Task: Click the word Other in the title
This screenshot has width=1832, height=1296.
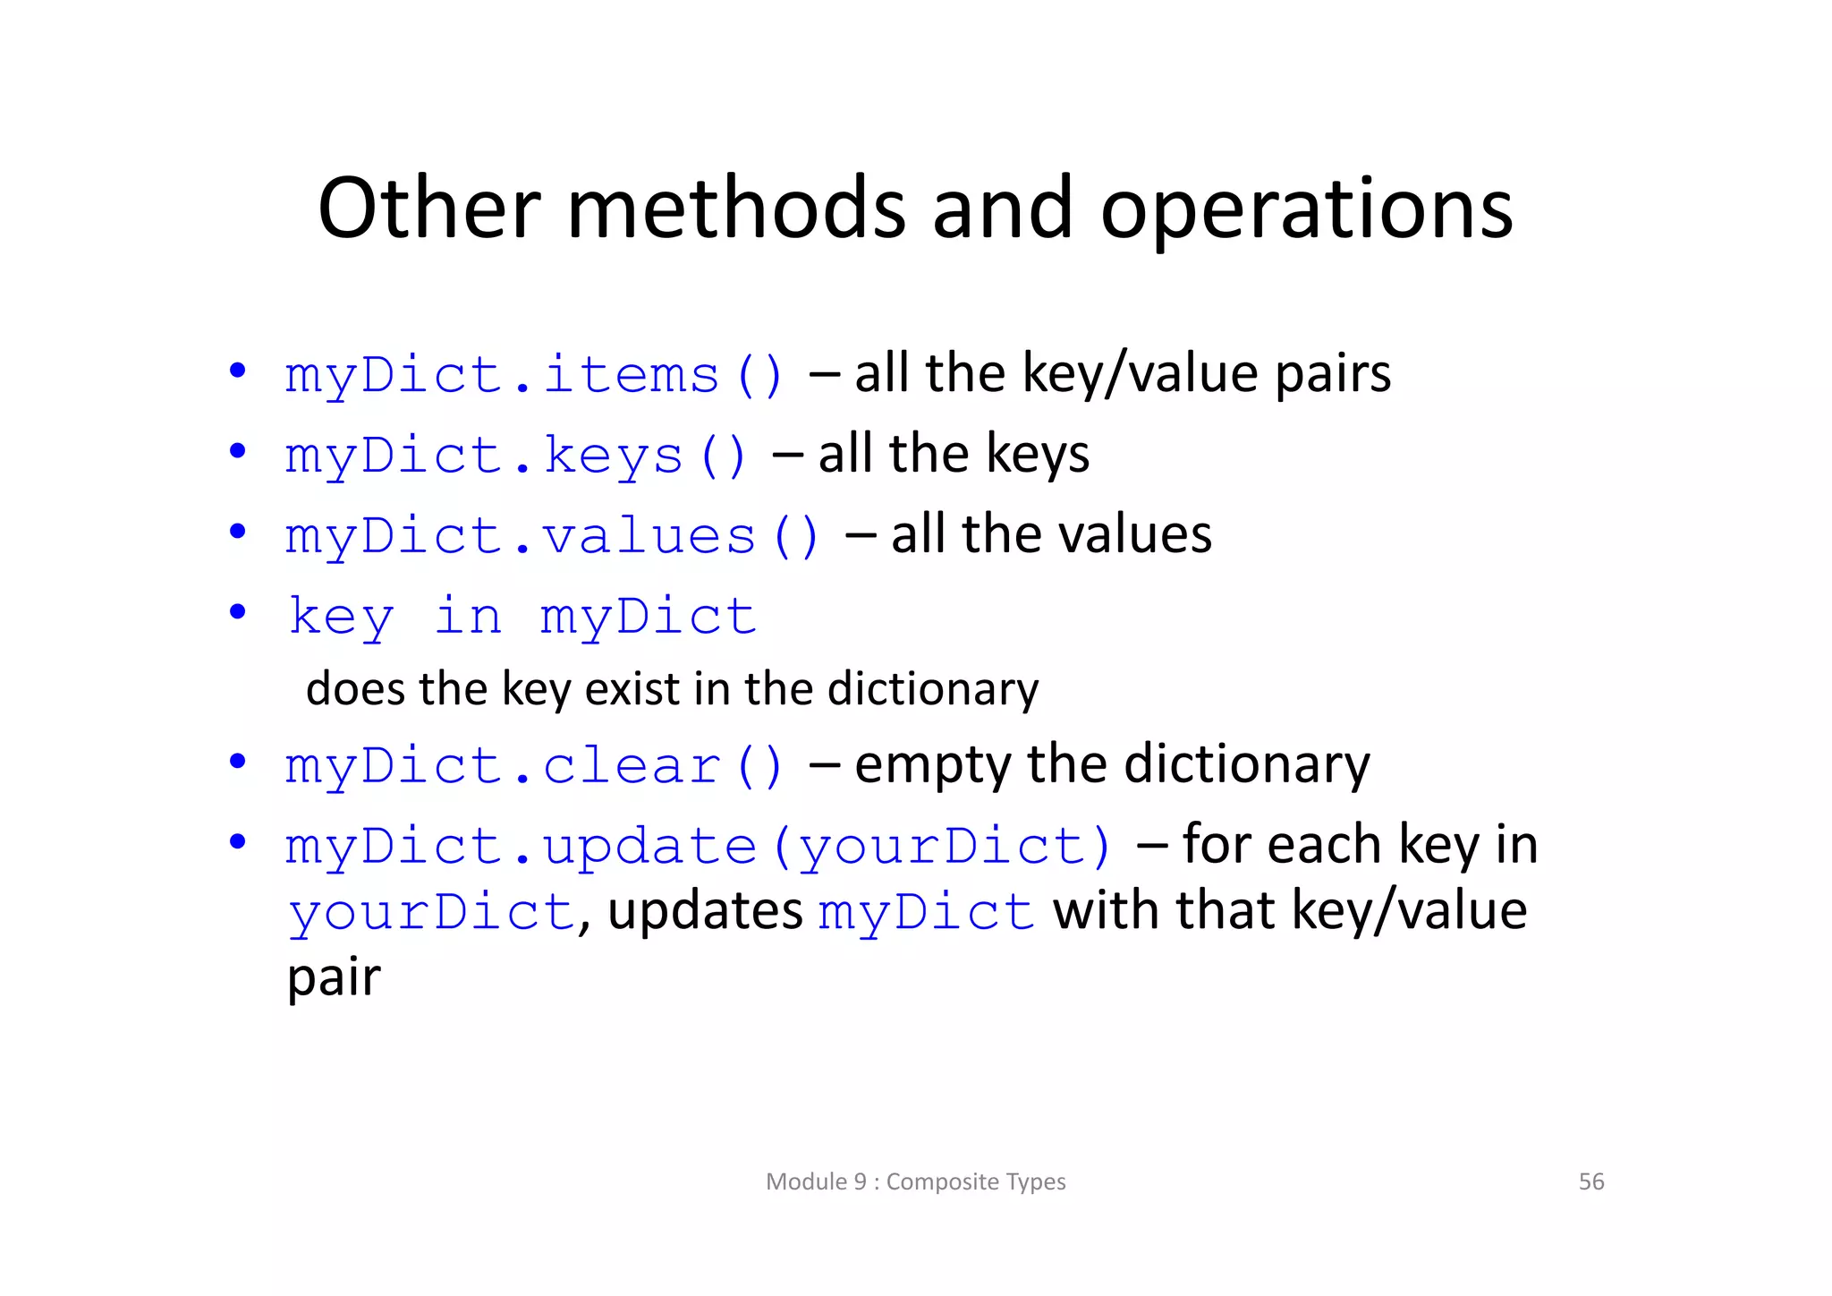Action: [429, 209]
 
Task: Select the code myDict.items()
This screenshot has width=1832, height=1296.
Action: [534, 374]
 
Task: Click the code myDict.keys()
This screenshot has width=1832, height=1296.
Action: [516, 455]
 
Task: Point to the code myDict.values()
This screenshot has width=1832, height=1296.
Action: [552, 535]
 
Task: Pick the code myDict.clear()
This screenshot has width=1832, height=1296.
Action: [534, 766]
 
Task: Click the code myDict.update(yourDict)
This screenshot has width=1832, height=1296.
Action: [699, 847]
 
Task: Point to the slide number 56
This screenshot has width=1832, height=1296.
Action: [1590, 1181]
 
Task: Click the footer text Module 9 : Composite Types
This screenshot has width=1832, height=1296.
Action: [915, 1181]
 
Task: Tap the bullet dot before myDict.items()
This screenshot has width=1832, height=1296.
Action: [237, 371]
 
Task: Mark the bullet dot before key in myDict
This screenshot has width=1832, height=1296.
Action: [237, 613]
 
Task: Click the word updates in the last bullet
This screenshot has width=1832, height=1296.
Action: [705, 911]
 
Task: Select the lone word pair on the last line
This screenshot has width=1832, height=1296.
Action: [334, 977]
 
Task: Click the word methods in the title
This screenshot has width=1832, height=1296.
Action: [736, 209]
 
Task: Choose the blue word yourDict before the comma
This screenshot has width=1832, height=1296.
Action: [431, 913]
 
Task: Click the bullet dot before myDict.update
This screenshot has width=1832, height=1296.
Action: [237, 843]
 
